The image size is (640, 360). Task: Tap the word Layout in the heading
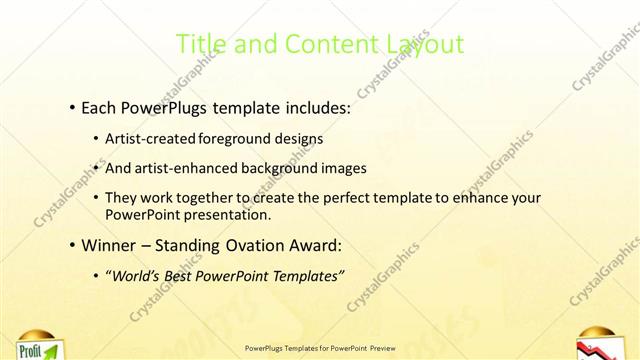tap(425, 45)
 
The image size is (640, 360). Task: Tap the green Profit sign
tap(34, 350)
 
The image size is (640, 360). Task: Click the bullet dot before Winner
tap(73, 244)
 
